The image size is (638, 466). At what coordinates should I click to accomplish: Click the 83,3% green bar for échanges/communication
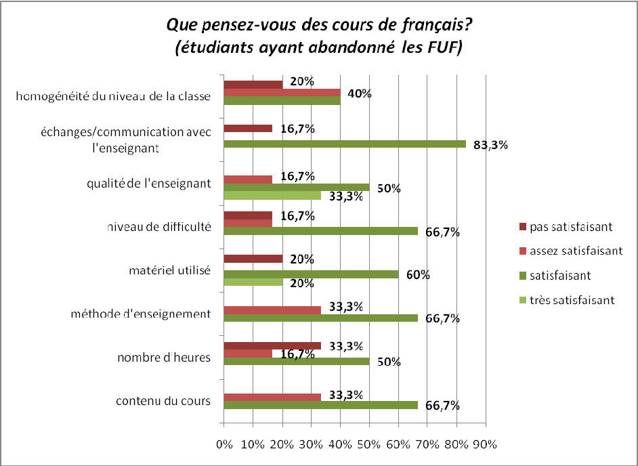pos(344,144)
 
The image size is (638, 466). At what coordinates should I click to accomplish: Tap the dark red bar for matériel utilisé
pos(253,258)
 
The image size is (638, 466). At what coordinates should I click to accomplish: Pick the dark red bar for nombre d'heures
pos(272,345)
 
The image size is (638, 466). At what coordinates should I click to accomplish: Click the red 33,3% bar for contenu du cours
pos(272,397)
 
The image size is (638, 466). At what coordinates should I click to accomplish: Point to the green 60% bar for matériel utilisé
pos(311,274)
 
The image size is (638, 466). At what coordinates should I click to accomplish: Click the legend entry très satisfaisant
pos(564,300)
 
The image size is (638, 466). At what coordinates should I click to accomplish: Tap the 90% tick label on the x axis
pos(486,445)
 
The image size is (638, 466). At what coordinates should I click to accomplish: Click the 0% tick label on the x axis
pos(224,445)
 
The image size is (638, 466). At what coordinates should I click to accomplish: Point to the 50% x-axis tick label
pos(369,445)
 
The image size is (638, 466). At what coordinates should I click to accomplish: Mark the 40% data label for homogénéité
pos(359,93)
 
